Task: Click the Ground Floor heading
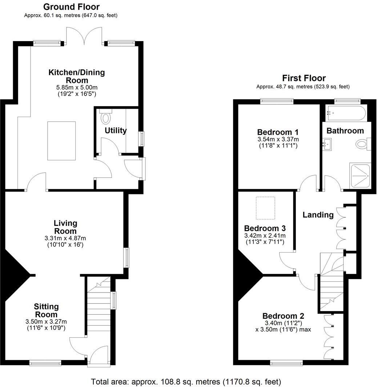[x=71, y=7]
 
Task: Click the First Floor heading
[x=304, y=78]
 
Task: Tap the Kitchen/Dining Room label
[x=77, y=76]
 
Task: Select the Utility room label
[x=116, y=130]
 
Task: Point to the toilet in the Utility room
[x=106, y=117]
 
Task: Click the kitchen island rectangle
[x=61, y=141]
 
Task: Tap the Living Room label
[x=65, y=227]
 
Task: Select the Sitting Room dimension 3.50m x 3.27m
[x=46, y=322]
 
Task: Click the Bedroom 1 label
[x=275, y=132]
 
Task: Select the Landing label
[x=318, y=215]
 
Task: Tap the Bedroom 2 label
[x=283, y=316]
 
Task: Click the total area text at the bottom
[x=186, y=382]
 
